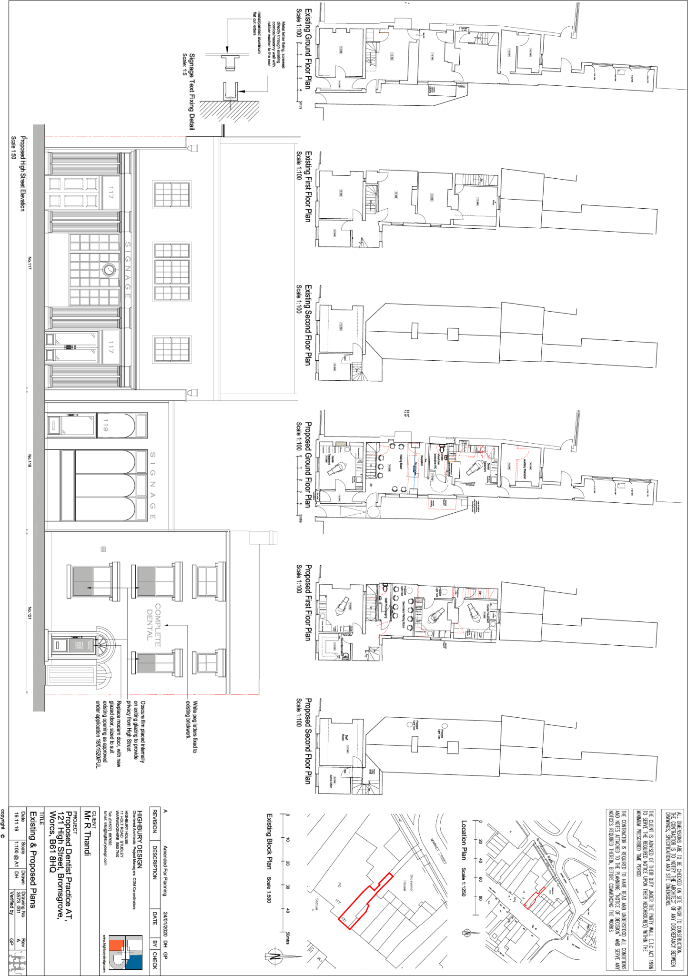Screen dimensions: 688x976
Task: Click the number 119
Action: pos(106,426)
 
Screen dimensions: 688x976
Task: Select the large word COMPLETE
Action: pos(158,625)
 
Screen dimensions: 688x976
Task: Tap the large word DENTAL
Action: pos(150,625)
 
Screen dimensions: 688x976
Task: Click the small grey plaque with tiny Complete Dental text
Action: pos(81,645)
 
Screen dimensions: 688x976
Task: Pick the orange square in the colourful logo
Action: pos(116,945)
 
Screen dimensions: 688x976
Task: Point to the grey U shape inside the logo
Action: pos(117,962)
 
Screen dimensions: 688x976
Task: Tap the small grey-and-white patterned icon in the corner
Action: pos(17,963)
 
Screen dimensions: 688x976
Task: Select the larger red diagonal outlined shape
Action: pos(365,901)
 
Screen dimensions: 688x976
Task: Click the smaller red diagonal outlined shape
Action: pos(534,898)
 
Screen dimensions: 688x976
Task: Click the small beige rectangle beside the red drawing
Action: pos(341,444)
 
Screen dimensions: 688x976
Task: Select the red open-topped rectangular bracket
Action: pos(442,505)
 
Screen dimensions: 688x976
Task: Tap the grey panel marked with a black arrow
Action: pos(83,581)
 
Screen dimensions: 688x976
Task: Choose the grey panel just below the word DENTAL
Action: pos(146,663)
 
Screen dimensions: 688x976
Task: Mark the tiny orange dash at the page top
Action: pos(384,33)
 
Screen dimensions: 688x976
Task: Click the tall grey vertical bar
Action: pos(39,417)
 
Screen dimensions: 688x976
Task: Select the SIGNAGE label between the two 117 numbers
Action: pos(128,270)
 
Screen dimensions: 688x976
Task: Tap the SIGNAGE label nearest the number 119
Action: pos(152,486)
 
